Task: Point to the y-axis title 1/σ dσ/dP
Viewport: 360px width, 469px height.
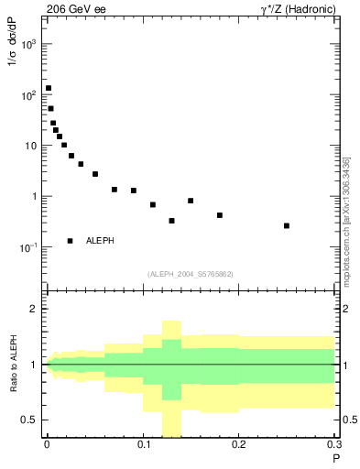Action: (x=13, y=69)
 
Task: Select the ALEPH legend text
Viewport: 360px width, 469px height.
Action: (x=101, y=241)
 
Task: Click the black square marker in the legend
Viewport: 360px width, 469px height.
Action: (x=71, y=241)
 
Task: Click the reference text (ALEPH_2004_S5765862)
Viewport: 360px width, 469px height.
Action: (x=191, y=274)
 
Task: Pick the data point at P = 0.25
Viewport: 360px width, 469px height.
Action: (x=287, y=225)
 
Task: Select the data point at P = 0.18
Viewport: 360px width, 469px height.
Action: (x=220, y=215)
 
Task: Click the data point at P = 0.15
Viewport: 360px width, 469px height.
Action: (x=191, y=201)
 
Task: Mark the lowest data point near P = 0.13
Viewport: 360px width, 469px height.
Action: (x=171, y=221)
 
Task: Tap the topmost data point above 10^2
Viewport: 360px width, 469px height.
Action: (x=49, y=89)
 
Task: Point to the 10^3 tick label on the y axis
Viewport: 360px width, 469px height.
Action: (x=27, y=44)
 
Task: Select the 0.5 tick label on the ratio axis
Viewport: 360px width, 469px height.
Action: (x=30, y=420)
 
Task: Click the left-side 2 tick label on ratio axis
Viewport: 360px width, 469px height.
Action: (x=35, y=309)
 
